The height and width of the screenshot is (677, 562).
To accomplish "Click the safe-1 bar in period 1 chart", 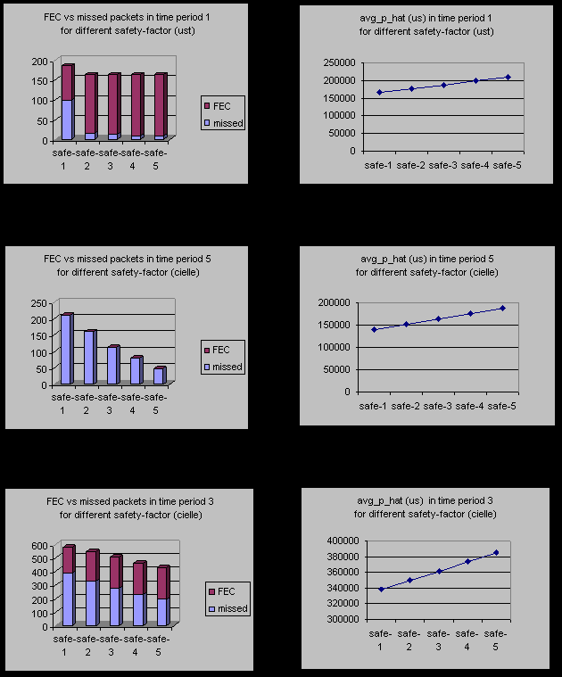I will (67, 103).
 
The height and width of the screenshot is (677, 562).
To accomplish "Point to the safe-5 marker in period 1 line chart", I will (508, 77).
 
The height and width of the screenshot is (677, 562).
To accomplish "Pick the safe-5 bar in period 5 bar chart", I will (159, 376).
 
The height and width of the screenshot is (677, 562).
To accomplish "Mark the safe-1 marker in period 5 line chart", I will (374, 329).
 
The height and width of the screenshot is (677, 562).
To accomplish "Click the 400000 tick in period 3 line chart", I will (343, 541).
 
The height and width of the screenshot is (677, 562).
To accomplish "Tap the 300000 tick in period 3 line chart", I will (343, 619).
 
